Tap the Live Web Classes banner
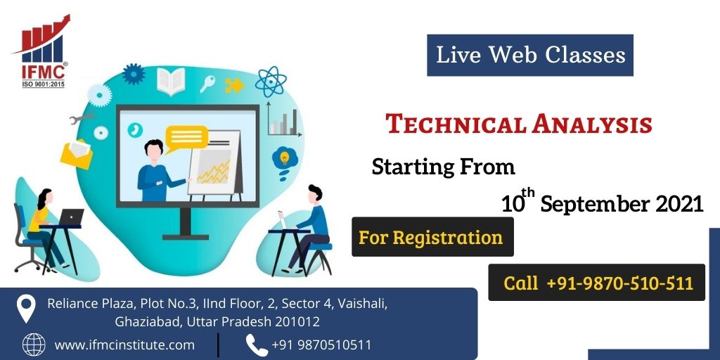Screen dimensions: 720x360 click(530, 55)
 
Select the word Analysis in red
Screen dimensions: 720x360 click(592, 124)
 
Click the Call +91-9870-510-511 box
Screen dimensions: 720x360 click(596, 283)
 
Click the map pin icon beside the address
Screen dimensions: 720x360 click(26, 308)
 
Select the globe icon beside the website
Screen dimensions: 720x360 click(34, 345)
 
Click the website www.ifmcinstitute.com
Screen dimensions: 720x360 click(124, 345)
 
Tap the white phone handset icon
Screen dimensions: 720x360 click(256, 345)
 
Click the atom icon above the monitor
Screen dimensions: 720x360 click(271, 82)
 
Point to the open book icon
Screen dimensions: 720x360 click(171, 82)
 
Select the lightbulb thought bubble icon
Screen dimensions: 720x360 click(285, 159)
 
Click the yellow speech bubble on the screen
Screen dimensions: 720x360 click(186, 139)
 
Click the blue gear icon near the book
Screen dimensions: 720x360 click(134, 74)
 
